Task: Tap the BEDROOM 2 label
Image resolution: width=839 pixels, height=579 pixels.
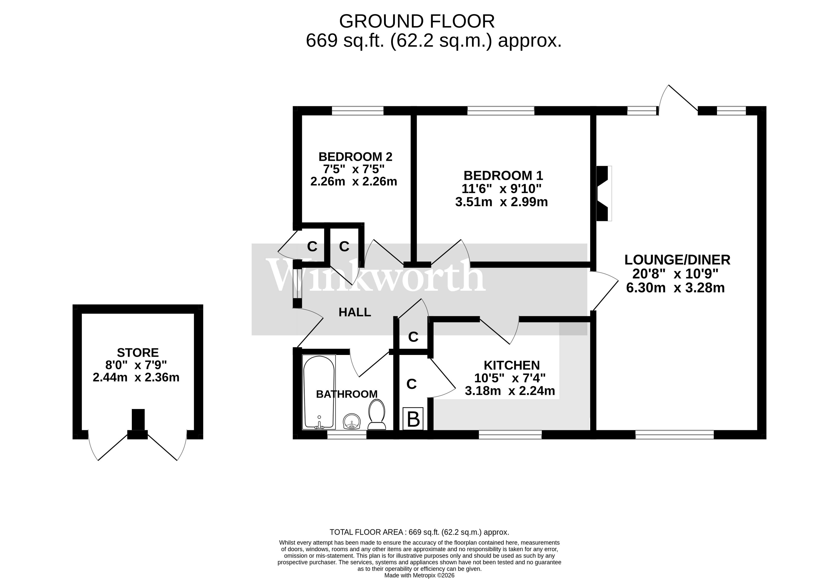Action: [x=355, y=157]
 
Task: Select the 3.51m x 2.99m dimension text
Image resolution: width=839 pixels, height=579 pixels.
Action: [x=501, y=202]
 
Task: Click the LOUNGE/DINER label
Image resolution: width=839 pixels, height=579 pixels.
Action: [x=677, y=260]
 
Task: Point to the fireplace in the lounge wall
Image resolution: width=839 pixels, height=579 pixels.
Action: [x=603, y=193]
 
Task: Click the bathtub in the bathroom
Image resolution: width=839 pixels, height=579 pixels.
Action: [x=319, y=392]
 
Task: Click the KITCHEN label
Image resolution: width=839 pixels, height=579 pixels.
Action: [x=511, y=365]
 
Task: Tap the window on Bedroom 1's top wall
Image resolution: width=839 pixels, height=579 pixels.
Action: [x=500, y=110]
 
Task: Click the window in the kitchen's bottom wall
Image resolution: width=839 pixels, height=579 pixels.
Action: [x=510, y=435]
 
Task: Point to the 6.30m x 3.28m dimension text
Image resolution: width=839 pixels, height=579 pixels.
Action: [x=675, y=288]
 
